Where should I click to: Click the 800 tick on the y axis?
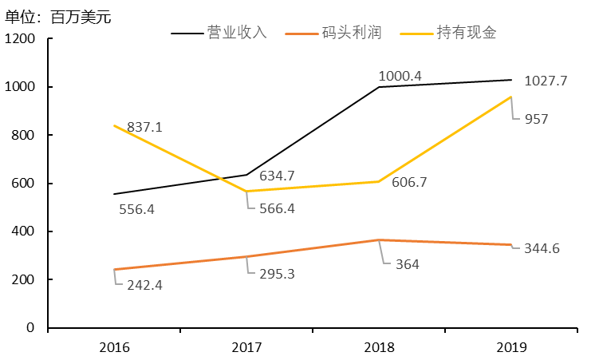[23, 136]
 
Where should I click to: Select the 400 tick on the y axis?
[23, 231]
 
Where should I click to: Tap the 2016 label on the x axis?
[114, 347]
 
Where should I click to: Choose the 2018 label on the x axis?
[379, 347]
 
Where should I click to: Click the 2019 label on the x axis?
[511, 347]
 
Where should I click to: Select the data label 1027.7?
[551, 81]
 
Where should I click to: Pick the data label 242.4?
[144, 285]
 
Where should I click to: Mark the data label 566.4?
[277, 208]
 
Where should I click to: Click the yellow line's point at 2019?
[511, 97]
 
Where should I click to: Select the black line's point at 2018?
[379, 87]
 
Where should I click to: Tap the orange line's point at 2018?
[379, 240]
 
